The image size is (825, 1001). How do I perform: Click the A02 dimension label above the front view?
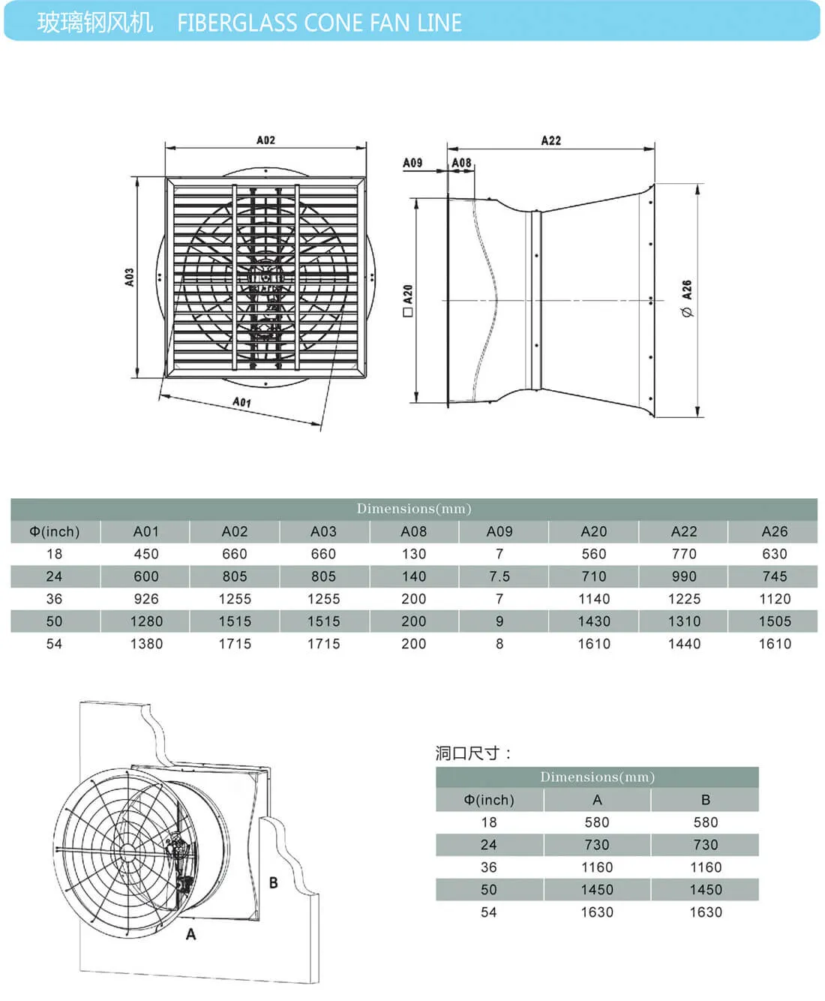click(x=265, y=140)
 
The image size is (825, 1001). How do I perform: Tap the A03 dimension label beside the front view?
click(x=130, y=278)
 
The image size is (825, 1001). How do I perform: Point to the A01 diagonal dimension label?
click(x=241, y=402)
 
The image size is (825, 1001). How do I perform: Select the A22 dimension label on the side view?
click(x=550, y=140)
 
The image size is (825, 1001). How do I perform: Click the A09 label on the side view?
click(x=412, y=162)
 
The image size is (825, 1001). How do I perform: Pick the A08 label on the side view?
click(x=461, y=162)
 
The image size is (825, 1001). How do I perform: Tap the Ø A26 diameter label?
click(x=686, y=299)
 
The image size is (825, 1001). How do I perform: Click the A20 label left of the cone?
click(x=408, y=299)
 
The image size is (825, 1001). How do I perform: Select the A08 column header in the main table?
click(x=413, y=531)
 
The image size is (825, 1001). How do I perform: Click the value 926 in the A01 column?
click(x=146, y=599)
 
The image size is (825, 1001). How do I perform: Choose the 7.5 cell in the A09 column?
click(x=499, y=576)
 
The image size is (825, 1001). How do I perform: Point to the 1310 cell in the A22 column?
click(x=684, y=621)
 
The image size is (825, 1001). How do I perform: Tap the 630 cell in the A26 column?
click(x=775, y=554)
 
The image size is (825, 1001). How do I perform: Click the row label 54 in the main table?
click(x=54, y=644)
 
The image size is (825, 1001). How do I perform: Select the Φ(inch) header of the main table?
click(x=54, y=531)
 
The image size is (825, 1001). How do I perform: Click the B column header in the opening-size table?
click(x=706, y=800)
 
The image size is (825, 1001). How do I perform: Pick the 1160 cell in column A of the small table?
click(x=597, y=867)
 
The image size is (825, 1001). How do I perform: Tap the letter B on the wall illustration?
click(x=274, y=882)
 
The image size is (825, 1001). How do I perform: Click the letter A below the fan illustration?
click(x=191, y=934)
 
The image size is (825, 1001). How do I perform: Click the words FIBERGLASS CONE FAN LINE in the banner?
click(x=319, y=23)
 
